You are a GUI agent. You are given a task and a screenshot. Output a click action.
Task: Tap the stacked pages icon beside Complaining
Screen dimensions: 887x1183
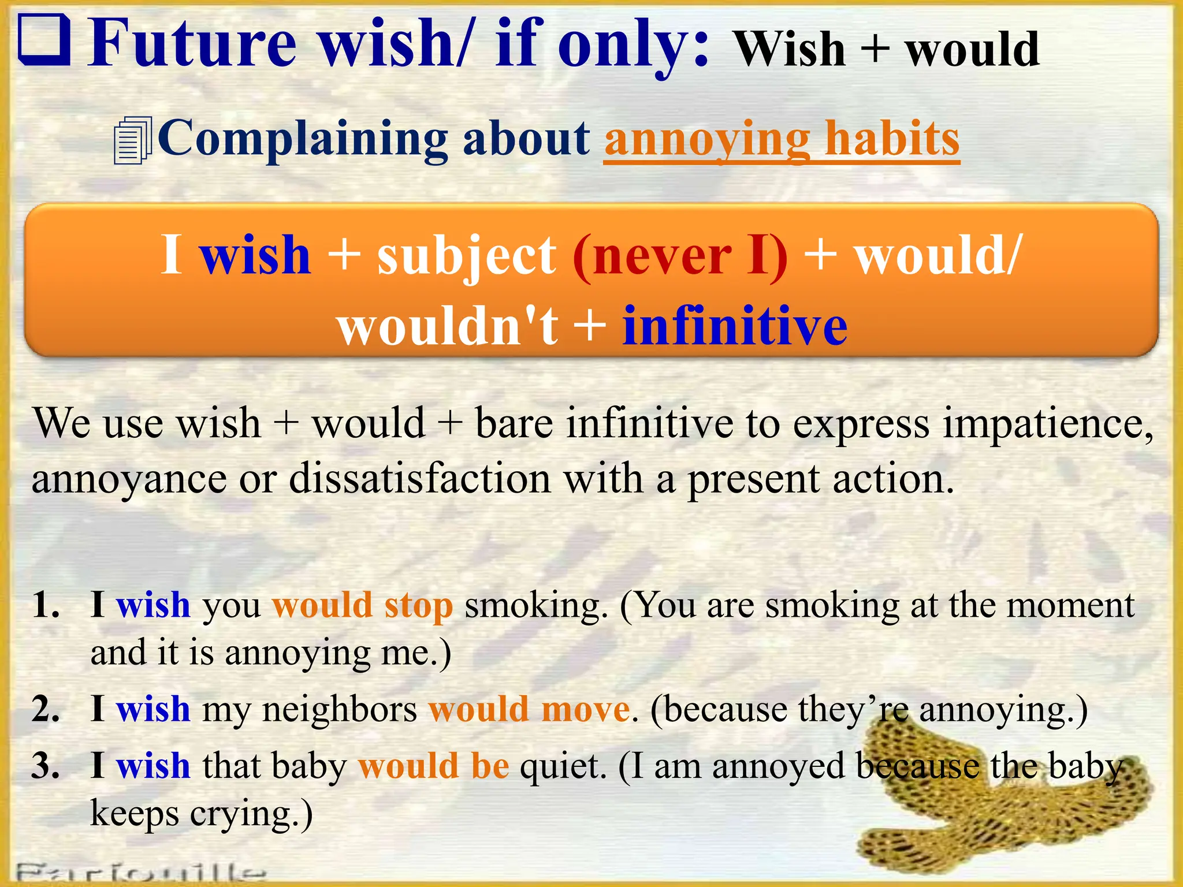tap(133, 140)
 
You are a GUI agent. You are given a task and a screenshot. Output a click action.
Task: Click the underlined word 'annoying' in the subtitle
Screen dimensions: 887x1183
tap(707, 140)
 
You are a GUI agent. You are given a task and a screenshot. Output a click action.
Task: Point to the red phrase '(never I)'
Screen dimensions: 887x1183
tap(680, 255)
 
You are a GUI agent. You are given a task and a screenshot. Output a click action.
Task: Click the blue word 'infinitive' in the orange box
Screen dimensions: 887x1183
tap(735, 326)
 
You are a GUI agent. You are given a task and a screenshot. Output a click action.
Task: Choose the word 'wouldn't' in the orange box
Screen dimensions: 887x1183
tap(448, 326)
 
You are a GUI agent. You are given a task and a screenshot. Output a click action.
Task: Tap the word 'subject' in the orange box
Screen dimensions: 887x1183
tap(467, 256)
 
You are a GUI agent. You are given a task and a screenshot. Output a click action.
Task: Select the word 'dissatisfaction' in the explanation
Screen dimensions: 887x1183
tap(420, 479)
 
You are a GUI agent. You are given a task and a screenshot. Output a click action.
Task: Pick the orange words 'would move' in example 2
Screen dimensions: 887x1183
tap(529, 709)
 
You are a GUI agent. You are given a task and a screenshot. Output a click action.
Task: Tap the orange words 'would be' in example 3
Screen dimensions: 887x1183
tap(434, 766)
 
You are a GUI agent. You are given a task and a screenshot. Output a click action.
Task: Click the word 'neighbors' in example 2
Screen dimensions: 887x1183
tap(339, 709)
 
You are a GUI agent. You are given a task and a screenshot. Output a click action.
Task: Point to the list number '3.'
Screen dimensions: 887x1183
tap(46, 766)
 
